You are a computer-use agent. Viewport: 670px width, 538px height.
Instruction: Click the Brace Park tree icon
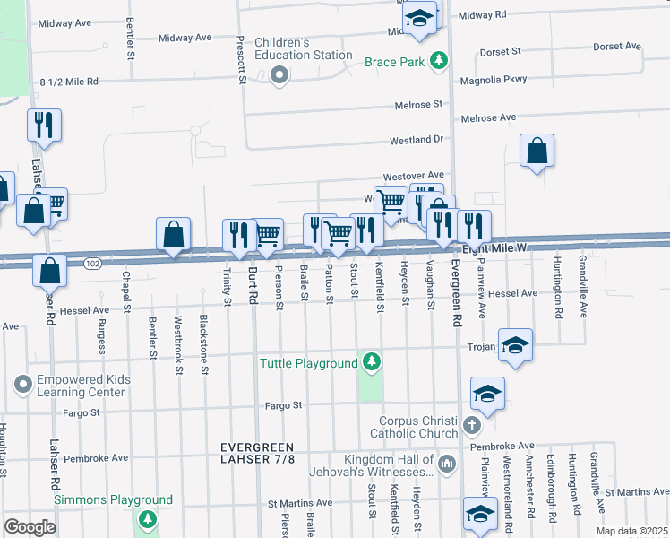click(438, 62)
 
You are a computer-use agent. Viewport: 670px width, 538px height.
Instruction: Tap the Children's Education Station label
click(303, 48)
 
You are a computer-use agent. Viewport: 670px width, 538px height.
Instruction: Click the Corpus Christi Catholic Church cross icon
click(473, 428)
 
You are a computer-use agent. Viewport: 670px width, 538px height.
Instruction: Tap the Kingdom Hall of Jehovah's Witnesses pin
click(449, 464)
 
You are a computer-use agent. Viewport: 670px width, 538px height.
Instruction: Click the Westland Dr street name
click(417, 141)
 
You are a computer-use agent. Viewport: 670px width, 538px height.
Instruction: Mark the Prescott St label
click(241, 61)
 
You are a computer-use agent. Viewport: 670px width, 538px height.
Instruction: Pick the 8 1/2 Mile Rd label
click(69, 82)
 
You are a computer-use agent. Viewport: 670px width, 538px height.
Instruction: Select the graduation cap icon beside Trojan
click(515, 347)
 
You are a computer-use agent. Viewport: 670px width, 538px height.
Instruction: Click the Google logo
click(30, 526)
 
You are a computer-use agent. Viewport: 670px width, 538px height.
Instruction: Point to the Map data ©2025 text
click(631, 531)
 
